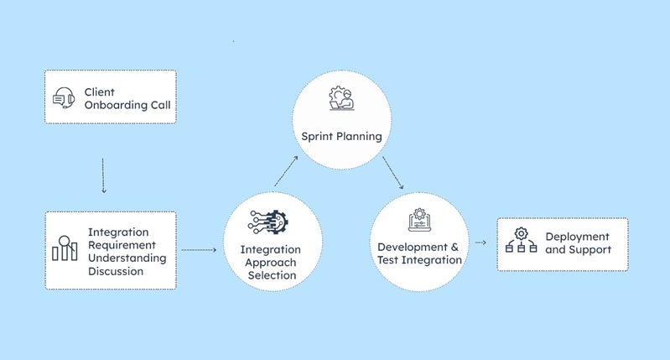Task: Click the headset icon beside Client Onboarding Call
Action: click(x=64, y=98)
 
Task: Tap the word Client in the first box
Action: click(x=100, y=92)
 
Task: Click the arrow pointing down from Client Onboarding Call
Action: click(x=103, y=175)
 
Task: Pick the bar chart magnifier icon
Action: click(x=65, y=248)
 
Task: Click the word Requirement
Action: click(x=122, y=245)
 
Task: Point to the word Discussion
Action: click(x=116, y=271)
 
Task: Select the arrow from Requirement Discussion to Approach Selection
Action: click(x=199, y=250)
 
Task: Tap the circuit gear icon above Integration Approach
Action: click(x=268, y=222)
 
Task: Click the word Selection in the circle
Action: click(x=273, y=275)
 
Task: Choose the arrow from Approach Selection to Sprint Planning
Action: click(x=286, y=171)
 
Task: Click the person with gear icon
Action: click(x=342, y=98)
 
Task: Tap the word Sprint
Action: click(x=317, y=137)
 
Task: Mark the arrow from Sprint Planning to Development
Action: click(x=392, y=173)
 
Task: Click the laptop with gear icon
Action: click(x=419, y=220)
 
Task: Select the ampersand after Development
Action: click(x=454, y=247)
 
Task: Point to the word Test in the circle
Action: click(x=387, y=260)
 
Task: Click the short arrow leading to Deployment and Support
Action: click(x=480, y=243)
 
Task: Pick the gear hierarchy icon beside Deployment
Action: click(x=522, y=240)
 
